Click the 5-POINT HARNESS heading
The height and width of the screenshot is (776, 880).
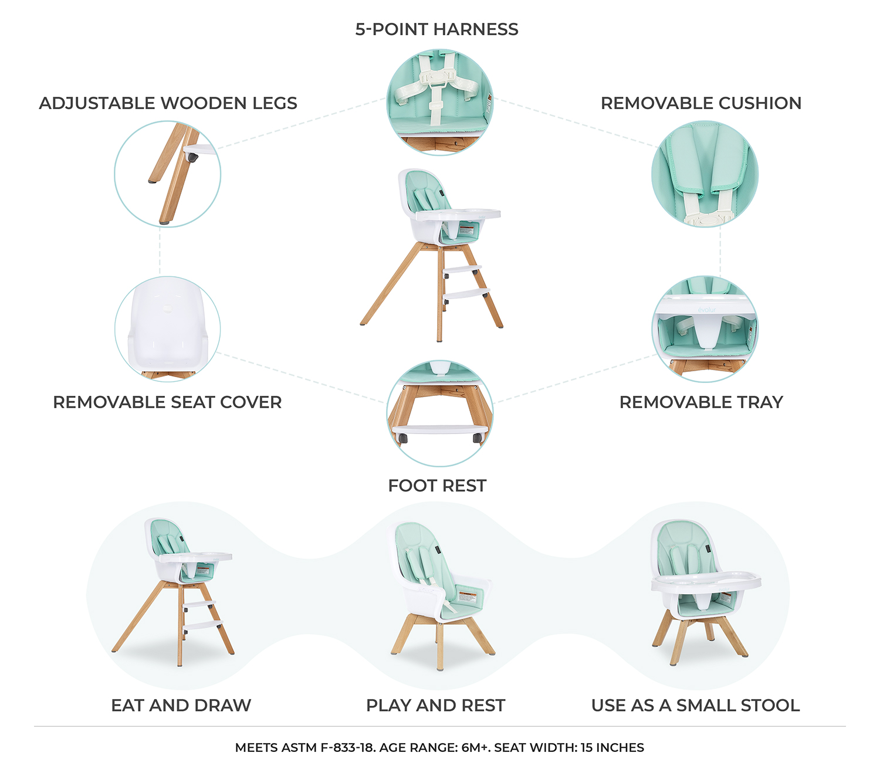point(436,29)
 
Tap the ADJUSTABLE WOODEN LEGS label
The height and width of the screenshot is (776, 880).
point(168,103)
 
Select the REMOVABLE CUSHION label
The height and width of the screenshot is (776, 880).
point(700,103)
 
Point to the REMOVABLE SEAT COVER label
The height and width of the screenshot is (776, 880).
point(167,402)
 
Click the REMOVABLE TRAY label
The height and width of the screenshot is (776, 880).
point(701,402)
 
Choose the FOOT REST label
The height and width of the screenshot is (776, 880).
point(437,486)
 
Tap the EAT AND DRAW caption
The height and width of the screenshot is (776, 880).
point(181,705)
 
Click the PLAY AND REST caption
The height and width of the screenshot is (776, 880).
point(435,705)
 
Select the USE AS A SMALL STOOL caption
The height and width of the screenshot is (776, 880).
point(695,705)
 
